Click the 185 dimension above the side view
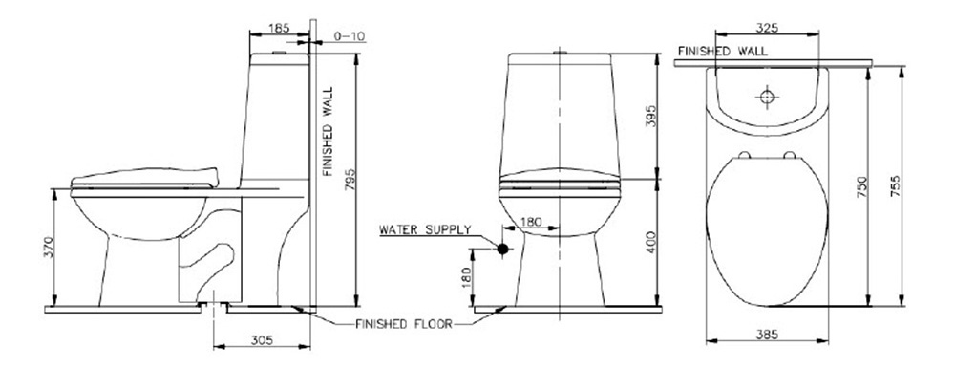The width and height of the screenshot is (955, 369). coord(279,30)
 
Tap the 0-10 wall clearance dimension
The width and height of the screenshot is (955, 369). coord(349,37)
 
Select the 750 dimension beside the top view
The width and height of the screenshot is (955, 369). coord(860,184)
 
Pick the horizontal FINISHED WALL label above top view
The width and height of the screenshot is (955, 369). coord(721,50)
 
